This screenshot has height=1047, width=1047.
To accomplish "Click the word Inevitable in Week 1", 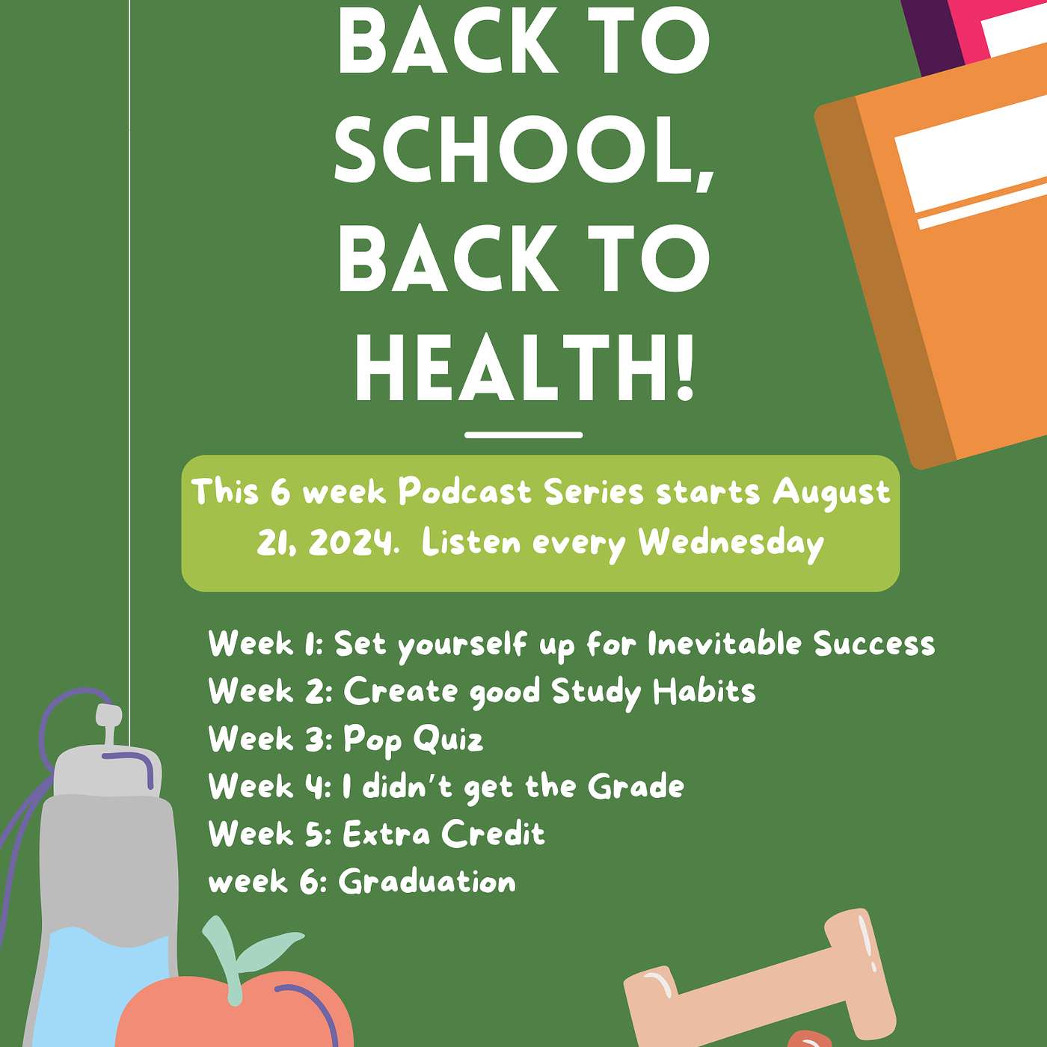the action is click(x=724, y=645).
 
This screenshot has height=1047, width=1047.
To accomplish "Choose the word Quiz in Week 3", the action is click(x=448, y=740).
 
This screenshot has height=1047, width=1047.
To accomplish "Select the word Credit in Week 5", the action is click(x=493, y=833).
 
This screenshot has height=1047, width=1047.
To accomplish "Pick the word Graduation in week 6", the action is click(x=427, y=881).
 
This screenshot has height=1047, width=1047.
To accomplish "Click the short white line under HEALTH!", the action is click(x=523, y=435).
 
